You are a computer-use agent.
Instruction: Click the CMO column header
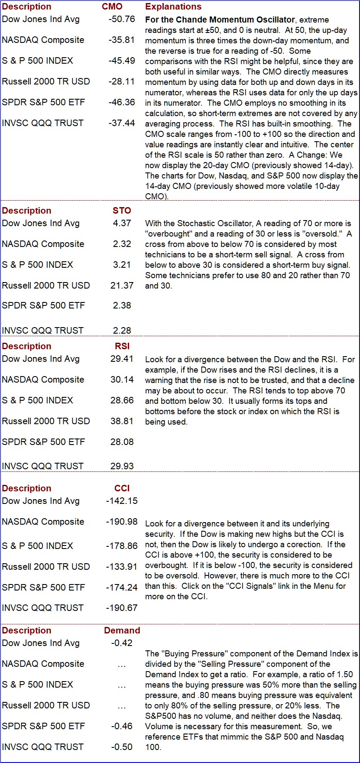pos(112,6)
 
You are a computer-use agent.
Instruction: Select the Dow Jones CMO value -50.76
pos(122,19)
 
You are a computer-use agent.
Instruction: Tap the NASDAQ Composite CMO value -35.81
pos(122,40)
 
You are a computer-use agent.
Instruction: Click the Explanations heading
pos(173,6)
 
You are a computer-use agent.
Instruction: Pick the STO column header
pos(122,211)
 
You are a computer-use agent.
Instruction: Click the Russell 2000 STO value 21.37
pos(122,286)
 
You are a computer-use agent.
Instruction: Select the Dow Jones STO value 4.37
pos(122,223)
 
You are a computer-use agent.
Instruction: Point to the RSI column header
pos(123,346)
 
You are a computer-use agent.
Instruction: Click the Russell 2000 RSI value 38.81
pos(122,421)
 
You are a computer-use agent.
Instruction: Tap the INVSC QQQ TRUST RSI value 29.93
pos(122,466)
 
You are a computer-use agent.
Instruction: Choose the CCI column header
pos(122,488)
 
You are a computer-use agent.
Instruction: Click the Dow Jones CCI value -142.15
pos(122,501)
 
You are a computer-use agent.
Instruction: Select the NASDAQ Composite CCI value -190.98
pos(122,522)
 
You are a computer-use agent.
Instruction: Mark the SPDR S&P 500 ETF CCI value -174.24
pos(122,588)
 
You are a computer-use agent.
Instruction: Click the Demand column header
pos(122,630)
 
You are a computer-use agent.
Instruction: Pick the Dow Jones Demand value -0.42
pos(122,643)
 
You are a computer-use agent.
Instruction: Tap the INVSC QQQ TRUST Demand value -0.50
pos(122,747)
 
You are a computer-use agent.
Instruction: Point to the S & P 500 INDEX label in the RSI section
pos(37,400)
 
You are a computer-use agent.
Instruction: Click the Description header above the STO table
pos(26,211)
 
